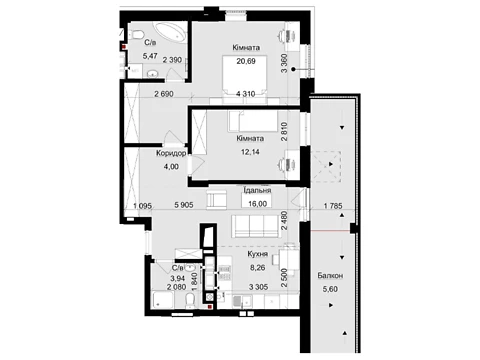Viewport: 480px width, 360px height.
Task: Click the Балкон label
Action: (x=330, y=276)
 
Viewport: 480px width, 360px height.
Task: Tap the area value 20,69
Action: (x=246, y=61)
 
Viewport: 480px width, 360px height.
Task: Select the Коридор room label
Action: (x=171, y=153)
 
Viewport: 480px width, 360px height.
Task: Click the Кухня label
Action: (x=257, y=254)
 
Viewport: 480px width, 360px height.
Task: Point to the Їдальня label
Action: (x=257, y=190)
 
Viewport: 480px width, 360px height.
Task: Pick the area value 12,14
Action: (x=250, y=152)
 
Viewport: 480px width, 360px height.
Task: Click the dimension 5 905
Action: (x=184, y=205)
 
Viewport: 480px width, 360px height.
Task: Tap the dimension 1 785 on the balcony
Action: (x=333, y=206)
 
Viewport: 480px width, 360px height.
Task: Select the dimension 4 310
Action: (x=246, y=94)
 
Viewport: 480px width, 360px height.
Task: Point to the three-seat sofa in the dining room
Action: (x=255, y=226)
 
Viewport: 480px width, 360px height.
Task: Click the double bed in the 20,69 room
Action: (x=245, y=76)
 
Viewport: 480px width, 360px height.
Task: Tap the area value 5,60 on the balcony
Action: (x=330, y=289)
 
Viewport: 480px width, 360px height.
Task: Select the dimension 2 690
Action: (x=164, y=94)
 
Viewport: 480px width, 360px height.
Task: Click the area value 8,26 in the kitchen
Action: (x=257, y=267)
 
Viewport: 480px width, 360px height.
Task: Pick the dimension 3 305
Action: (x=258, y=286)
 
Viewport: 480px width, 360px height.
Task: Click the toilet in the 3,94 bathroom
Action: (x=190, y=301)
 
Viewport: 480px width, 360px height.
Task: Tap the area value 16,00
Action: (x=257, y=204)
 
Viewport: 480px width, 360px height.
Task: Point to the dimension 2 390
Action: (x=172, y=60)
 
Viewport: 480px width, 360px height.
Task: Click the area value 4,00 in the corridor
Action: (x=171, y=167)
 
